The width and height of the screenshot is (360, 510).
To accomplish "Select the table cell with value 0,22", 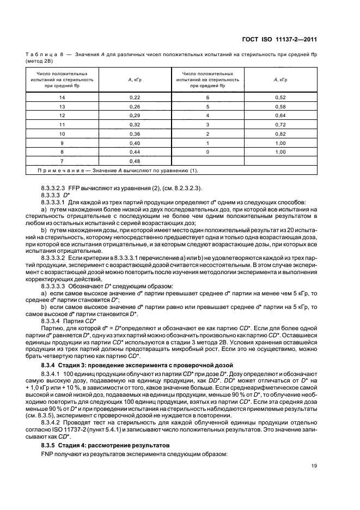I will click(135, 96).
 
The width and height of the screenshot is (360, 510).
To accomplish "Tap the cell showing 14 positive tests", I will click(62, 96).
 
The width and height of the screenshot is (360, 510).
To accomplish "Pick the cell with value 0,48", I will click(135, 161).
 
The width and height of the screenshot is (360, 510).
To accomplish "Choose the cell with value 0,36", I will click(135, 133).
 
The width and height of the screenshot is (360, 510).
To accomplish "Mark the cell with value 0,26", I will click(135, 106).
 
